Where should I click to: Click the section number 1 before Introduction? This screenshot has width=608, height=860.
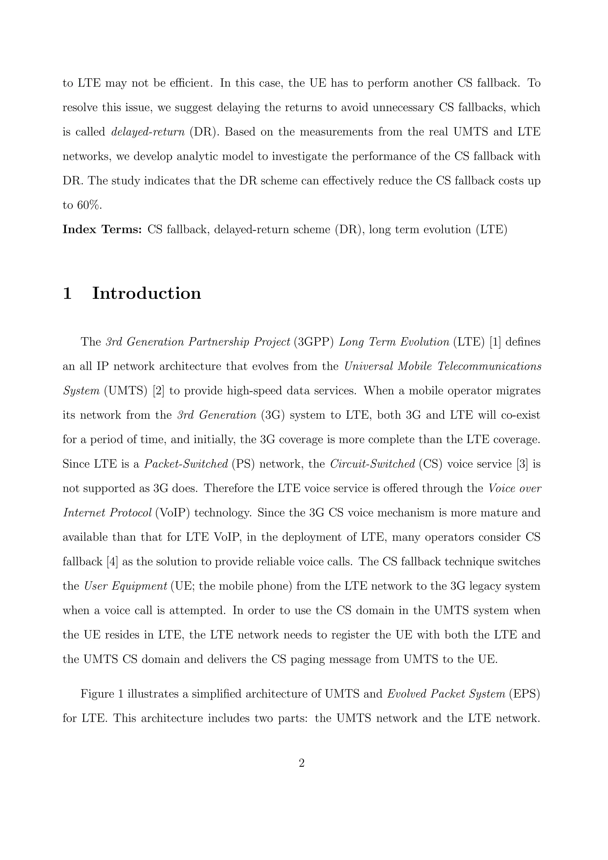(x=67, y=293)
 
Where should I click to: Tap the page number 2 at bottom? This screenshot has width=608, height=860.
(x=302, y=763)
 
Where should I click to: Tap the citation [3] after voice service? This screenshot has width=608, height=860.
(x=522, y=464)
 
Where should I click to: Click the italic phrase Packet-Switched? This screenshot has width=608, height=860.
(x=186, y=464)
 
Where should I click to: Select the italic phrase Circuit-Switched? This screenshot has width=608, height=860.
(x=372, y=464)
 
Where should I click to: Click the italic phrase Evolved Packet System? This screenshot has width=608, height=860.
(x=446, y=694)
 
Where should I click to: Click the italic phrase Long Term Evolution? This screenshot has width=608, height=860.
(x=394, y=342)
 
